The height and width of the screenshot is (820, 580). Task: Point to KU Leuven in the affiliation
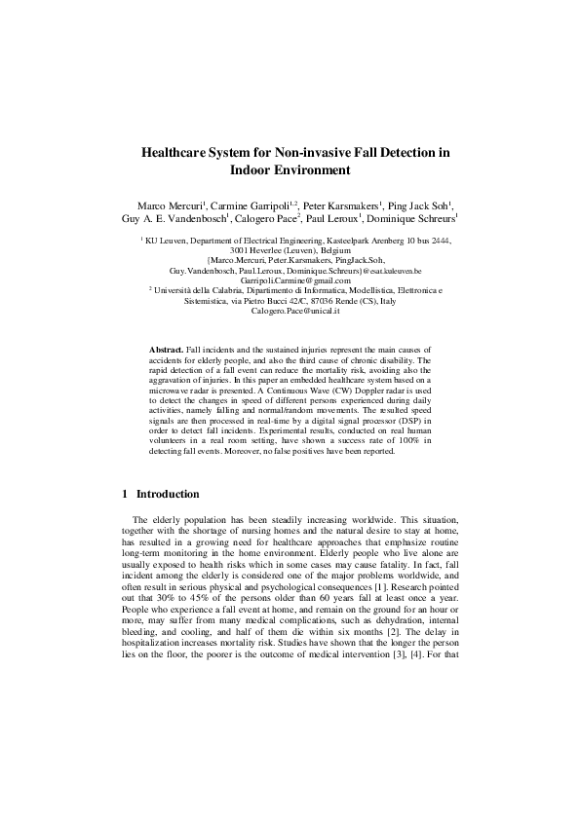pyautogui.click(x=163, y=240)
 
